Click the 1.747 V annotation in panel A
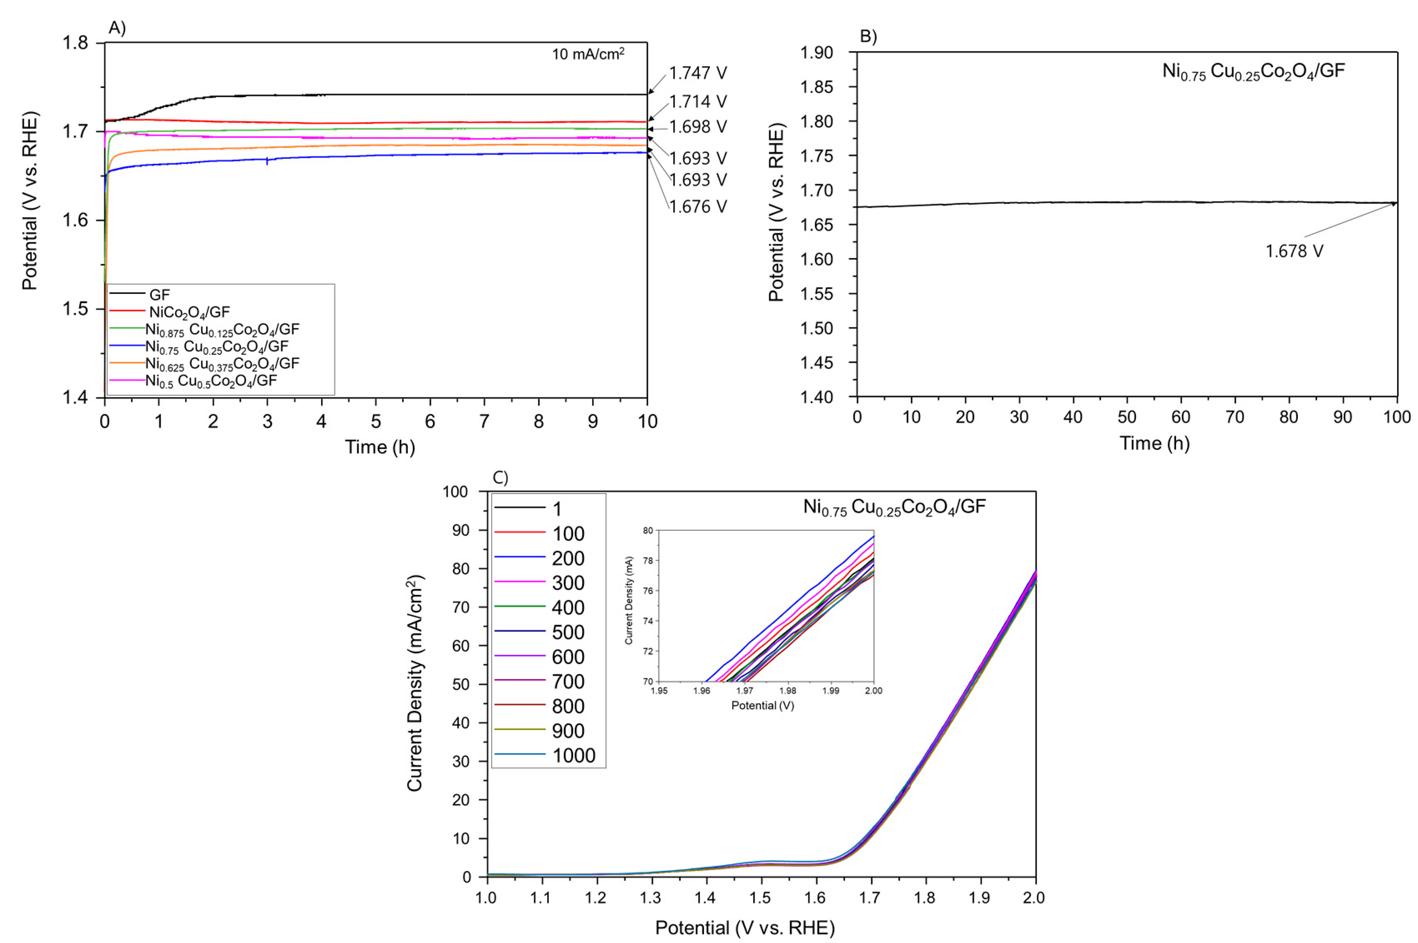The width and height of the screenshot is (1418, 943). [697, 73]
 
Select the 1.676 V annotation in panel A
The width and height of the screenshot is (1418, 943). [697, 207]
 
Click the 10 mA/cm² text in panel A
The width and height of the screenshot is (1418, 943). [588, 54]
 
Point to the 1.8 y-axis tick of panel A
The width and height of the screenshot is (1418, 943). [75, 43]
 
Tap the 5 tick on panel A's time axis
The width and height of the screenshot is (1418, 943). [375, 421]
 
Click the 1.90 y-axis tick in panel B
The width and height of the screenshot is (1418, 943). [816, 53]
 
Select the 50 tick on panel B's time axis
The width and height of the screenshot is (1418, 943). [1127, 417]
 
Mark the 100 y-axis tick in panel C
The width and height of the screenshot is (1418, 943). [455, 492]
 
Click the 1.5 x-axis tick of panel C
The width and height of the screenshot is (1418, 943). [760, 898]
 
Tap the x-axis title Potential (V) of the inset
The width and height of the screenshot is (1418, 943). [762, 705]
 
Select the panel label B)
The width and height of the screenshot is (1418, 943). [868, 36]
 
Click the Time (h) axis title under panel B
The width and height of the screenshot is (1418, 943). [1154, 443]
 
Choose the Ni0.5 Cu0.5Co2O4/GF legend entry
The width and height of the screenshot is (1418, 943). [211, 381]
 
